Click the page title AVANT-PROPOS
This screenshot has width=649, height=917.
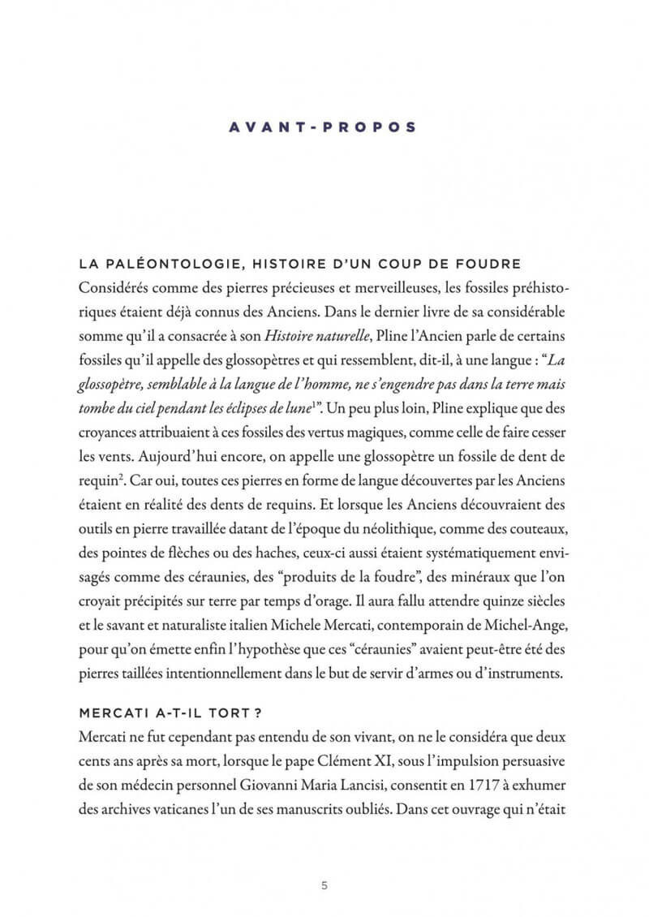(324, 127)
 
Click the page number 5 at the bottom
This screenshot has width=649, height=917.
(324, 885)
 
